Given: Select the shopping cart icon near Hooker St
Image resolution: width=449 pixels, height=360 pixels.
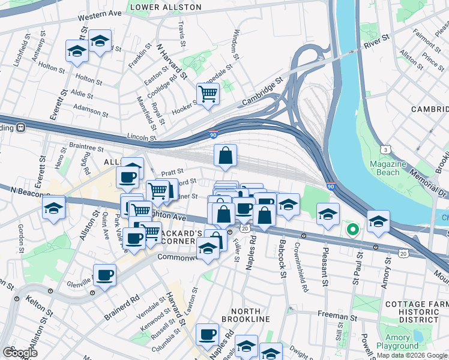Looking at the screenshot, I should pyautogui.click(x=208, y=94).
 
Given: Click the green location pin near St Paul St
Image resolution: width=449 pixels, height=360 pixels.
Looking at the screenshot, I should pyautogui.click(x=353, y=229).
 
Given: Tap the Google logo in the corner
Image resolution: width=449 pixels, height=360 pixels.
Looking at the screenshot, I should pyautogui.click(x=20, y=352).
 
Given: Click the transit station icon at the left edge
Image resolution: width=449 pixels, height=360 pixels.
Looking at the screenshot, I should pyautogui.click(x=20, y=127).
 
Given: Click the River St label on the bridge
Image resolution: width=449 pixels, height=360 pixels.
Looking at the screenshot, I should pyautogui.click(x=377, y=41).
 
